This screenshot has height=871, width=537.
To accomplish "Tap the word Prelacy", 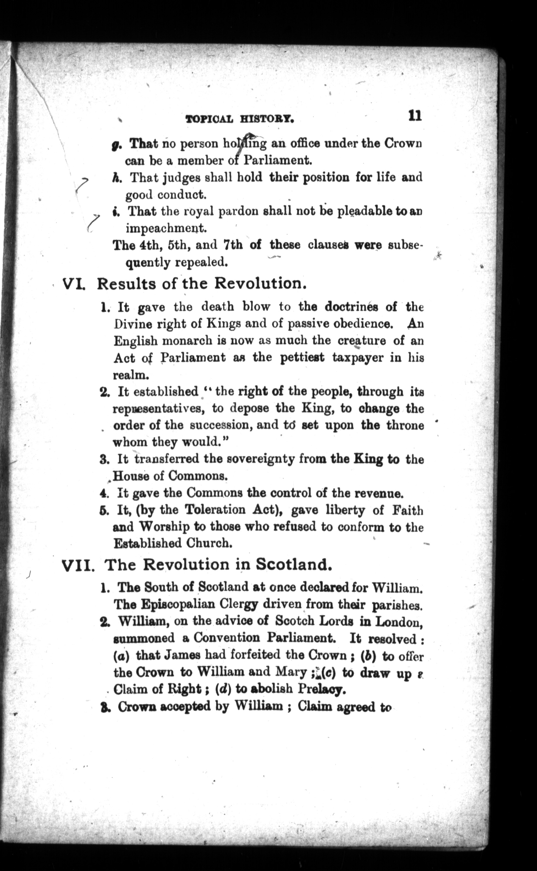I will click(x=321, y=689).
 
